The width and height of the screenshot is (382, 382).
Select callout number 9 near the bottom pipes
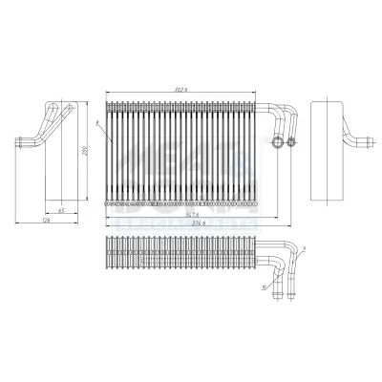pyautogui.click(x=301, y=250)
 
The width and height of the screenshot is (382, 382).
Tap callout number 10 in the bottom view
pyautogui.click(x=264, y=286)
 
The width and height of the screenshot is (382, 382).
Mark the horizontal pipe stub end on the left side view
pyautogui.click(x=20, y=143)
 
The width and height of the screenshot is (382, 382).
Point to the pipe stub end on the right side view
pyautogui.click(x=362, y=143)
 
